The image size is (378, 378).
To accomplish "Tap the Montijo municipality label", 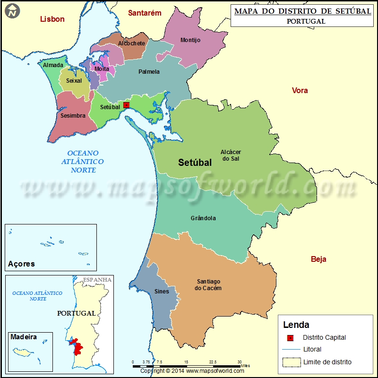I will (x=190, y=40).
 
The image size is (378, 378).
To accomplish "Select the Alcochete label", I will (x=131, y=43).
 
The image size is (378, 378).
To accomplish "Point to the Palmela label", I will (x=149, y=72).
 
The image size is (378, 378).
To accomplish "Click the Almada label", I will (x=53, y=65).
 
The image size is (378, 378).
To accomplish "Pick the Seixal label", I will (x=74, y=81).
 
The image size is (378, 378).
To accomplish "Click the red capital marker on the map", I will (x=126, y=105).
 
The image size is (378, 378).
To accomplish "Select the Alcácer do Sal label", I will (x=231, y=155).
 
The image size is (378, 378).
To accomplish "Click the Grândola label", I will (x=203, y=218).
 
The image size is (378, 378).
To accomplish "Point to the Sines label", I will (x=162, y=292).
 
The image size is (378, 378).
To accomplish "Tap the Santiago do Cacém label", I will (x=208, y=285).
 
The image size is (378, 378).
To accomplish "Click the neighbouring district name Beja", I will (x=318, y=259).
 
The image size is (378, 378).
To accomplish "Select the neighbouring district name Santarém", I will (x=145, y=13).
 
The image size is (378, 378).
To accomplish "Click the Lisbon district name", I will (x=52, y=19).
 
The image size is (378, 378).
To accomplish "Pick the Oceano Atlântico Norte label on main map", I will (x=84, y=162).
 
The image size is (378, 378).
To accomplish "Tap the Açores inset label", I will (x=21, y=264).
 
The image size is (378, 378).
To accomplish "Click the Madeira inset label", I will (x=24, y=337).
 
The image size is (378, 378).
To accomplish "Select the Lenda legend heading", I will (x=296, y=325).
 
